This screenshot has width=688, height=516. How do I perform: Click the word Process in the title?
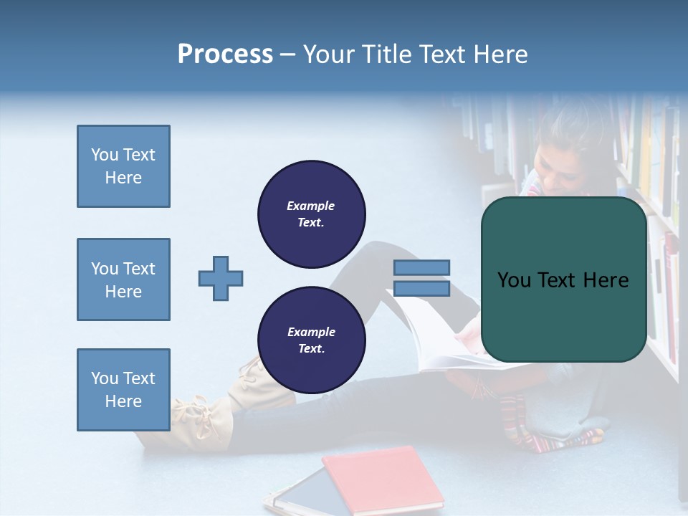[x=225, y=54]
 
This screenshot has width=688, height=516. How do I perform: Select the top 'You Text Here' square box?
[x=123, y=166]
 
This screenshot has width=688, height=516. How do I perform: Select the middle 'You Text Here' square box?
[x=123, y=279]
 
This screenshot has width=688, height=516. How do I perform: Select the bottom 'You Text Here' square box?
[x=123, y=390]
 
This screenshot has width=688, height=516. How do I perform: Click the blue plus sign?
[x=221, y=278]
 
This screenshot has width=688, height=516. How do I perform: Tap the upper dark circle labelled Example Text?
[x=311, y=214]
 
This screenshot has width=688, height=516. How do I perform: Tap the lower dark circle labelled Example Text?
[x=311, y=340]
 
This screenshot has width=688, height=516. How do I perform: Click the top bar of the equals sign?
[x=421, y=267]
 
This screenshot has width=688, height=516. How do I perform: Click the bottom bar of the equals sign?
[x=421, y=289]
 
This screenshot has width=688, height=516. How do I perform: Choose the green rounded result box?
[x=563, y=279]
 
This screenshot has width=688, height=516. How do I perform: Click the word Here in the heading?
[x=499, y=54]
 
